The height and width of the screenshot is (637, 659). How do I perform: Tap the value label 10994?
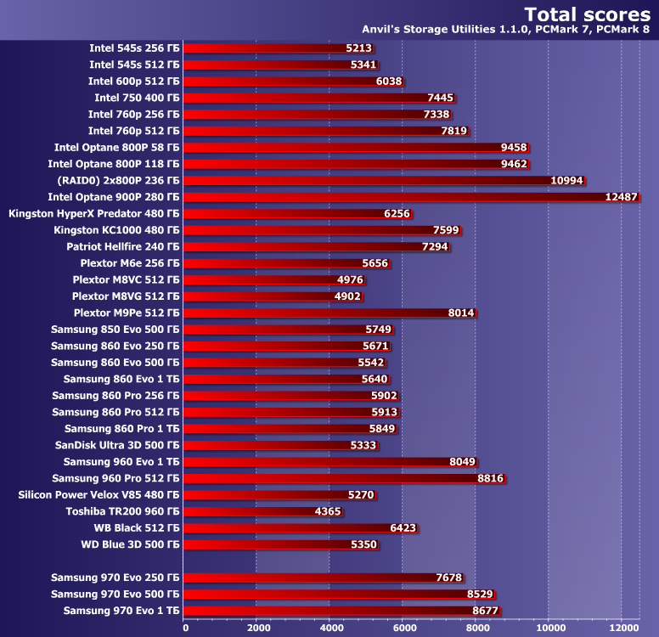567,180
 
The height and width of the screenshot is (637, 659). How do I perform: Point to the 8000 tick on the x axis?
476,628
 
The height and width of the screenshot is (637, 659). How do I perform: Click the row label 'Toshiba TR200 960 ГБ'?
123,511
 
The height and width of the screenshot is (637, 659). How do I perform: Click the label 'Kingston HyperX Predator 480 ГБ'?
94,213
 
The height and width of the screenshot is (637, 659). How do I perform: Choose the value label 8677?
481,611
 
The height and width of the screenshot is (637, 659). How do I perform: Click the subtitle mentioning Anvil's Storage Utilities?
506,31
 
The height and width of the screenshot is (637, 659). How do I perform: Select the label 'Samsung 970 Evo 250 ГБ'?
115,578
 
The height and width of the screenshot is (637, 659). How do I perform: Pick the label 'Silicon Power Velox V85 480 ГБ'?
99,494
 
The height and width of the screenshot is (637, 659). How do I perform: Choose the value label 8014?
461,313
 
